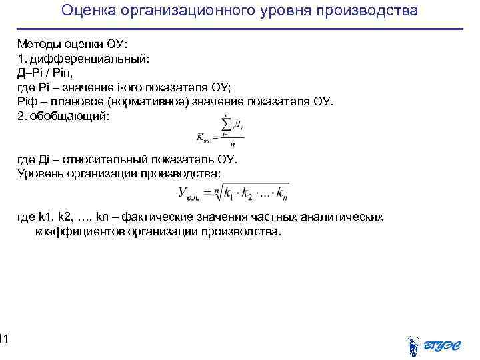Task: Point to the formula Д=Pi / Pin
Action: click(x=49, y=73)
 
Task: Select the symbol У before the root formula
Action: click(x=183, y=193)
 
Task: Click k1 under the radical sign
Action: click(x=230, y=194)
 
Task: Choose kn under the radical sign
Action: click(x=281, y=194)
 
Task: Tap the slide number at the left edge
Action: click(x=3, y=340)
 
